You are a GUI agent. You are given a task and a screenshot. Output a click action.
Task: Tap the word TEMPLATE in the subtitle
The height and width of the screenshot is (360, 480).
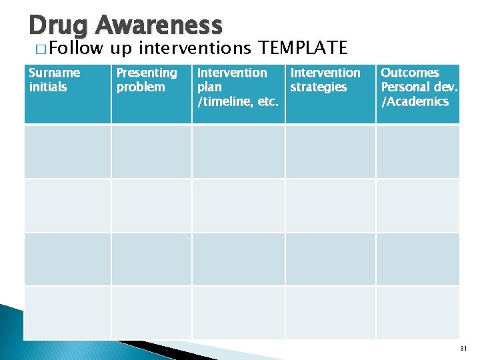(303, 48)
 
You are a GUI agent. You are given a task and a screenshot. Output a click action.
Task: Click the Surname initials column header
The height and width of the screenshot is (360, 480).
(55, 80)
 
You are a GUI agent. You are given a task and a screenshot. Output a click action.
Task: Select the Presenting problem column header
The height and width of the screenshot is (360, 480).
(147, 80)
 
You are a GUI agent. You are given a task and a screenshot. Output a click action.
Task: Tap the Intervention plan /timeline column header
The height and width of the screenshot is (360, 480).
(237, 87)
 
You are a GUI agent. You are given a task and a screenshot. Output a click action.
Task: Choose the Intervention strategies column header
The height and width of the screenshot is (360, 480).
(325, 80)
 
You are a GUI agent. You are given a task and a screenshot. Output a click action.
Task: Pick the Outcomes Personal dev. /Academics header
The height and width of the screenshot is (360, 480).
(419, 87)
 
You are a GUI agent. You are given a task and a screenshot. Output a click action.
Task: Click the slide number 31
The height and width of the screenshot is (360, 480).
(465, 348)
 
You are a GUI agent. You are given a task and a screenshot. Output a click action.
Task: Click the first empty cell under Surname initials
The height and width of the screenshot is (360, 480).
(67, 151)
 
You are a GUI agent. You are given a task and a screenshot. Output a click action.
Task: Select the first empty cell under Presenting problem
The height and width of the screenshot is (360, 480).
(151, 151)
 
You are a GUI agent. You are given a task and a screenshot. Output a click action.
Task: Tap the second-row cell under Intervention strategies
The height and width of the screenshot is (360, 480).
(330, 205)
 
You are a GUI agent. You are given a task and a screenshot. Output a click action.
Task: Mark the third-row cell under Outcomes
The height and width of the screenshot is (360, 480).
(418, 259)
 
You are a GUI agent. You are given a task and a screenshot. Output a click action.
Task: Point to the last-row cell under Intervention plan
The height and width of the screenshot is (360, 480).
(238, 312)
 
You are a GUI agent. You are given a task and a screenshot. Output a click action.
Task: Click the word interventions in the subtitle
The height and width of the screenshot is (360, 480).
(194, 48)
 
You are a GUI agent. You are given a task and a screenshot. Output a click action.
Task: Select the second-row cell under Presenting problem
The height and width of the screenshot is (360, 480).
(151, 205)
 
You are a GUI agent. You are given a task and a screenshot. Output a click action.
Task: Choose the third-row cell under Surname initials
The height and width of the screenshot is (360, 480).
(67, 259)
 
